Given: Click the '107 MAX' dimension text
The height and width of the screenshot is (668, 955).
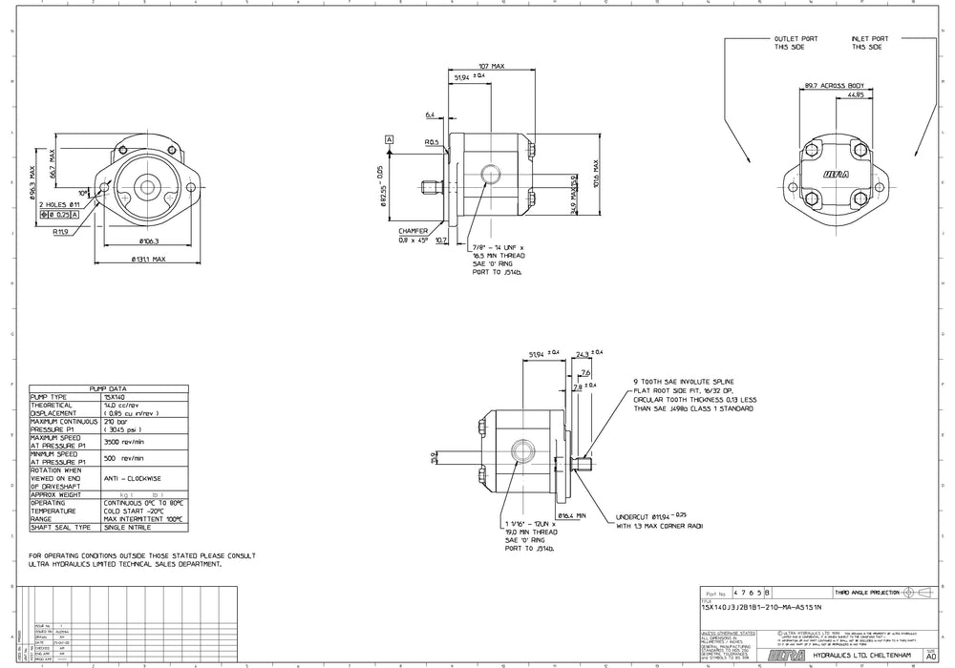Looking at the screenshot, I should [491, 66].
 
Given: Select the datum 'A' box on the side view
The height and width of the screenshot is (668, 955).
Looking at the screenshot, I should [390, 140].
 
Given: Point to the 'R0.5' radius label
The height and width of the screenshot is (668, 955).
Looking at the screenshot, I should [433, 142].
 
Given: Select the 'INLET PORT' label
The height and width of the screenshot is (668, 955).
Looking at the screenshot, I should [868, 39].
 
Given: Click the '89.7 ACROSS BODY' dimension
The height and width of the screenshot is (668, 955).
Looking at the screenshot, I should [834, 85].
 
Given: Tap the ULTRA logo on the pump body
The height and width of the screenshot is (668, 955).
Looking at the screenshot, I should [836, 174].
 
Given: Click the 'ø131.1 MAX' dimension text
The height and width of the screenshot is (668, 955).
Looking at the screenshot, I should [145, 259].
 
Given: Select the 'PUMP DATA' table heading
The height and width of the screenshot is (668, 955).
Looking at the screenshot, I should [108, 389].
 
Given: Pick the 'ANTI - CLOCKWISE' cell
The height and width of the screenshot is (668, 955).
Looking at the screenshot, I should [134, 478].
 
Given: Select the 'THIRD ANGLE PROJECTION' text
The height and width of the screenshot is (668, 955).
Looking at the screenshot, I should [867, 593].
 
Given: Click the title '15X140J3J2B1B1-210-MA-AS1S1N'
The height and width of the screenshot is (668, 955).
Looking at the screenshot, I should [761, 608].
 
